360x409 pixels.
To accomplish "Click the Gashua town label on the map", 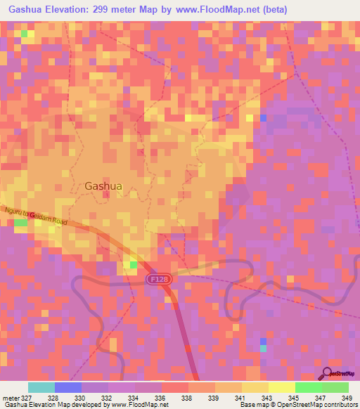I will tap(103, 186).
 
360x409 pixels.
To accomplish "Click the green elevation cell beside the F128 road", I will tap(133, 264).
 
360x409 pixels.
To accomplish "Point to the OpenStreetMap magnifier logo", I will tap(326, 373).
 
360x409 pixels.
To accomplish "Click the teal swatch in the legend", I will tap(41, 387).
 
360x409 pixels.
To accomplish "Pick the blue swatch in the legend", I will tap(67, 387).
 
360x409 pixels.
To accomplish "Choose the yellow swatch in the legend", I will tap(281, 387).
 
